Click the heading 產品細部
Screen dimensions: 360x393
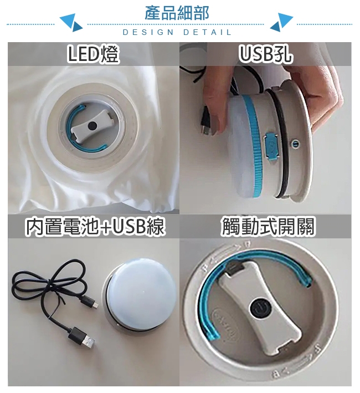(x=177, y=13)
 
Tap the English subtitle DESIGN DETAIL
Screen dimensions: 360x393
(x=177, y=32)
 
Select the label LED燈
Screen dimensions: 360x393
(x=93, y=54)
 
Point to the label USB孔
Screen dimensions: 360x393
(x=265, y=54)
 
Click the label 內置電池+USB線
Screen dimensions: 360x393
(x=95, y=227)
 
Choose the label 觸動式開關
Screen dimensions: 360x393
(x=267, y=227)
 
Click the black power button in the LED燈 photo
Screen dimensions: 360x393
(x=92, y=125)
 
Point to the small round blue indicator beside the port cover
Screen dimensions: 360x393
(x=295, y=144)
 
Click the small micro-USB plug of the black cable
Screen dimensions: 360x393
(x=90, y=303)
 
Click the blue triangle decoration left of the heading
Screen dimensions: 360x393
(x=71, y=23)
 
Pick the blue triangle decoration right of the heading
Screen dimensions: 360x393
(x=282, y=23)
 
